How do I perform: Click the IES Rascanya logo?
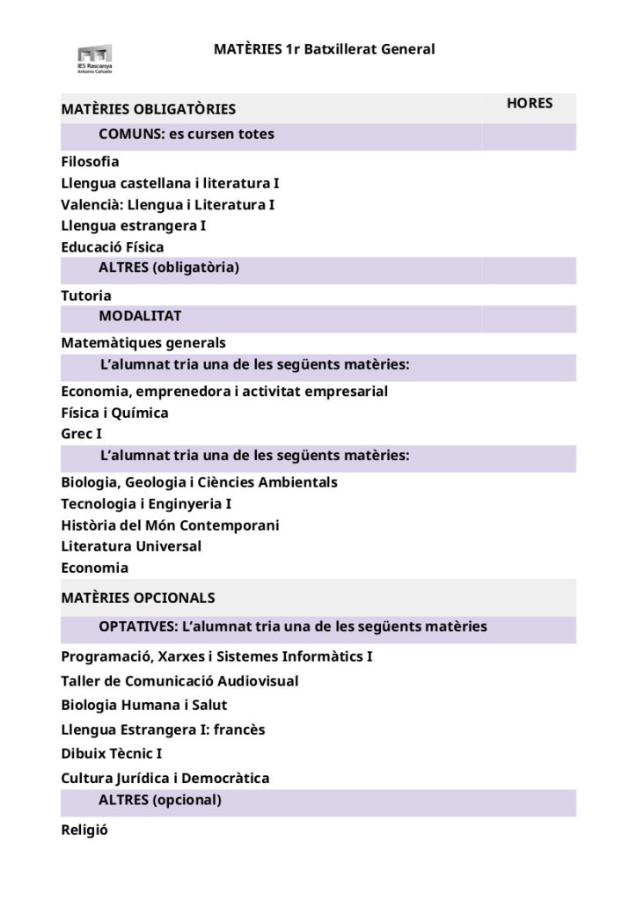tap(95, 58)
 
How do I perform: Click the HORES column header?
tap(530, 104)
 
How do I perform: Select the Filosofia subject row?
tap(90, 162)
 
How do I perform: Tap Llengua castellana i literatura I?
tap(170, 183)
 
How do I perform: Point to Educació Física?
tap(113, 247)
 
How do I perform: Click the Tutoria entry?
tap(86, 296)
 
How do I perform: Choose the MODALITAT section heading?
tap(140, 316)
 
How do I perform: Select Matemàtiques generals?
tap(143, 343)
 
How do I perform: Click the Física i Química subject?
tap(114, 413)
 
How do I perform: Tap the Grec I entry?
tap(82, 434)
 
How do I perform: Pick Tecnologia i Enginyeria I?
tap(146, 504)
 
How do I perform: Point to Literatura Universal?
tap(131, 546)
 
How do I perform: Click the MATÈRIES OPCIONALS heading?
tap(138, 598)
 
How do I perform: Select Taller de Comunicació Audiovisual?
tap(179, 681)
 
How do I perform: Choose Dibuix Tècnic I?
tap(112, 754)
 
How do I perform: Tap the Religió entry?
tap(84, 830)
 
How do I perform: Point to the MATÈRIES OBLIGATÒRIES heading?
tap(148, 110)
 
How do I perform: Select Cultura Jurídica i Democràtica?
tap(165, 779)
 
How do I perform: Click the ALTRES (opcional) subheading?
tap(159, 801)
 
